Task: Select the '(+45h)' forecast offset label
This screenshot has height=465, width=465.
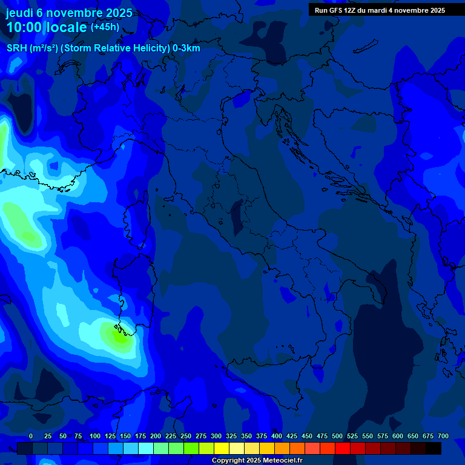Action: tap(105, 27)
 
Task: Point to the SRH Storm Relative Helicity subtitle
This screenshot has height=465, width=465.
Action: tap(103, 48)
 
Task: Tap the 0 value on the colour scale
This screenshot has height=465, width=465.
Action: tap(31, 437)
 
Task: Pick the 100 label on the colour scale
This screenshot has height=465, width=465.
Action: tap(95, 437)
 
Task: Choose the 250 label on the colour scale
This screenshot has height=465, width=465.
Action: tap(186, 437)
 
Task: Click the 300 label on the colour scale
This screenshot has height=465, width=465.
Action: tap(216, 437)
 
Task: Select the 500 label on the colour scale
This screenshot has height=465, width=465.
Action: tap(337, 437)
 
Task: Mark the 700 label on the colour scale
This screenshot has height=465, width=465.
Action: tap(443, 437)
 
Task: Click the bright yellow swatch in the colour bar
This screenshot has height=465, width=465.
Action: tap(222, 448)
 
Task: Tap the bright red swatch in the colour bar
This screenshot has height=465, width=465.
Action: tap(343, 448)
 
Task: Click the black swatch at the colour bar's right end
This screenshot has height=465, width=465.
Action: tap(434, 448)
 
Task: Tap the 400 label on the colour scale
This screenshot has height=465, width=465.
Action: tap(277, 437)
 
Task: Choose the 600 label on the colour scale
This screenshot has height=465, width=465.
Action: tap(398, 437)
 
